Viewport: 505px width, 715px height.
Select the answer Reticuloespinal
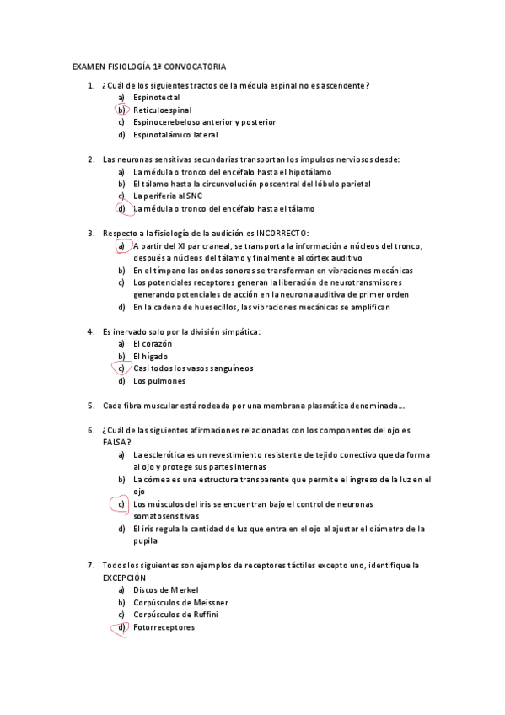(163, 110)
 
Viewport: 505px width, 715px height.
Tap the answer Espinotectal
(157, 98)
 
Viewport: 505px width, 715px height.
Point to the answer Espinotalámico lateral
(175, 135)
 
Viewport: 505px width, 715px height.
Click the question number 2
(90, 159)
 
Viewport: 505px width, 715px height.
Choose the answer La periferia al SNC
(167, 196)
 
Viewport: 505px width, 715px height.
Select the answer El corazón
(153, 344)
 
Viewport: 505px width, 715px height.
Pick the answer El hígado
(150, 356)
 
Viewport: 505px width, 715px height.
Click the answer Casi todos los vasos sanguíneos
(193, 368)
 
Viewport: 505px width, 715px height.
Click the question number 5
(90, 406)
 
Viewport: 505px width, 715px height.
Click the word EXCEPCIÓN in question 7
(124, 578)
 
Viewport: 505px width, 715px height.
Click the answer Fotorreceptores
(164, 627)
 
